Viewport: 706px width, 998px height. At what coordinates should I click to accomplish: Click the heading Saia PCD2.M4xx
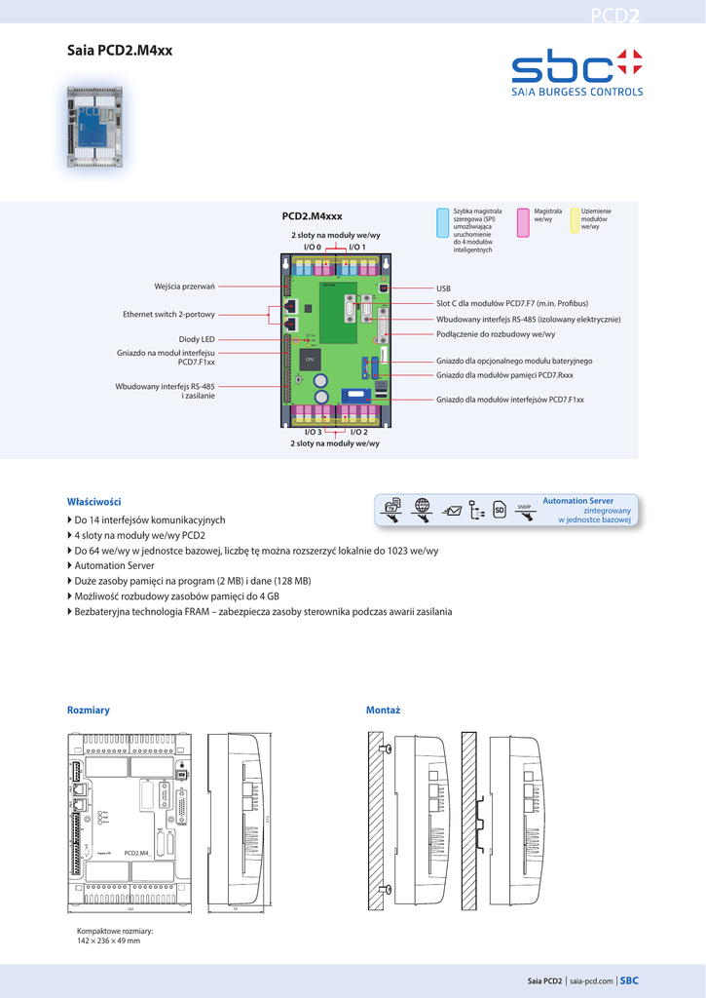click(119, 50)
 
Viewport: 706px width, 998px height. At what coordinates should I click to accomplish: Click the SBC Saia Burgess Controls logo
click(577, 73)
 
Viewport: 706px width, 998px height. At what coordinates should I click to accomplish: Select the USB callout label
click(443, 289)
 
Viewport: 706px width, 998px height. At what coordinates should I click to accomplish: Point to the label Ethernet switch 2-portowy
click(168, 315)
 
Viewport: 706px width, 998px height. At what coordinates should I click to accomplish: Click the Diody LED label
click(196, 339)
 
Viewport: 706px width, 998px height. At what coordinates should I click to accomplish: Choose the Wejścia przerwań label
click(184, 286)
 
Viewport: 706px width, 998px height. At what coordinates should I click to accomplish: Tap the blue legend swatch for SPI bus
click(443, 222)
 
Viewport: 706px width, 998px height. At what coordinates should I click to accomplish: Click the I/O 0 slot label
click(312, 248)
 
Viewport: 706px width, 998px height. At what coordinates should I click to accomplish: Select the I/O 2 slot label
click(358, 432)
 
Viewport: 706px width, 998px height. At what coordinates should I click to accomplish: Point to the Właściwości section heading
click(93, 501)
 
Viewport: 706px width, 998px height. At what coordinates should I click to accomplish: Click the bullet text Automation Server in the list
click(114, 565)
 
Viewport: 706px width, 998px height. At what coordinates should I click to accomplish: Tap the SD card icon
click(498, 509)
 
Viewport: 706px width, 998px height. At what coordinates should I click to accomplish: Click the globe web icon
click(422, 505)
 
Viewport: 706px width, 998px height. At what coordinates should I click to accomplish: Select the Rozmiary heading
click(88, 710)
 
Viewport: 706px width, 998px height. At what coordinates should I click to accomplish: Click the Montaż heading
click(383, 710)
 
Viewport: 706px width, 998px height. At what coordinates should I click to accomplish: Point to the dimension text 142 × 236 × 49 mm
click(108, 940)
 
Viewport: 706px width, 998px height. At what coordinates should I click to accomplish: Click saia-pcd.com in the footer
click(592, 981)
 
